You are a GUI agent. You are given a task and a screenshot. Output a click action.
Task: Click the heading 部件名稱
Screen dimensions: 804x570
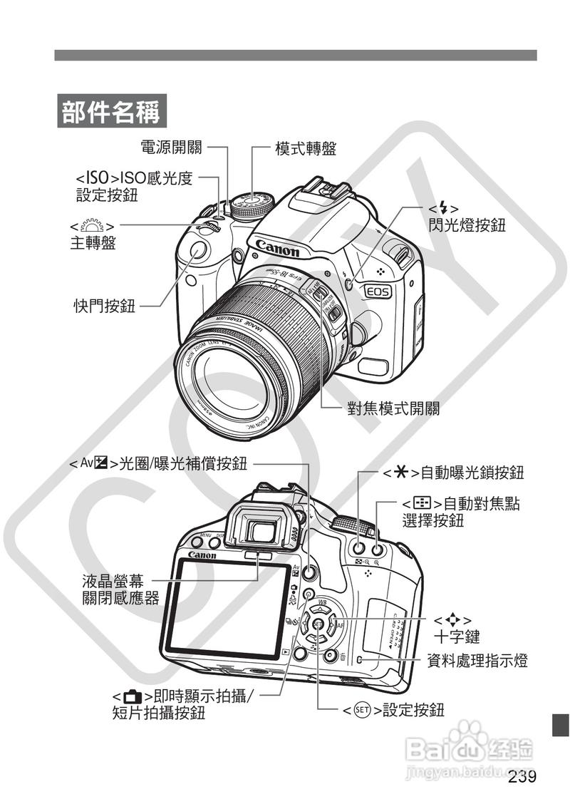tap(110, 112)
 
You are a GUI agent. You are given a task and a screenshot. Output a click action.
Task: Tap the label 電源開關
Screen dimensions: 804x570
tap(171, 148)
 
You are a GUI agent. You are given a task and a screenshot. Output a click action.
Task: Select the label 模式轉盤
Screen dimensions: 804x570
tap(306, 148)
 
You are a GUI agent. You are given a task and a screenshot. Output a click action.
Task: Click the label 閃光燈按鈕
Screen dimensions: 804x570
tap(467, 225)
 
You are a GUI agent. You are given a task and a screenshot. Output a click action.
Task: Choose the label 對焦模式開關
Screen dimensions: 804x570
tap(393, 408)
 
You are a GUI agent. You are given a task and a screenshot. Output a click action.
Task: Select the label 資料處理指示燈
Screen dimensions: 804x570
tap(477, 661)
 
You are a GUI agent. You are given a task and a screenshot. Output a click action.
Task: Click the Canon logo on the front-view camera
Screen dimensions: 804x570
tap(277, 249)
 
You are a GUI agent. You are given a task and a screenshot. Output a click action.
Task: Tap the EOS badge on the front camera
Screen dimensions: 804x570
tap(378, 291)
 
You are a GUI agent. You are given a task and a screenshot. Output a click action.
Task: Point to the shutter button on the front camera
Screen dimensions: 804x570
tap(197, 250)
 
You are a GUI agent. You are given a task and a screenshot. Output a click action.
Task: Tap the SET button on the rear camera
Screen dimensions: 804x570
tap(318, 625)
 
